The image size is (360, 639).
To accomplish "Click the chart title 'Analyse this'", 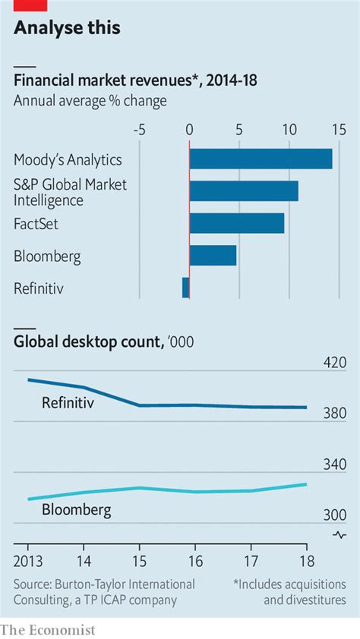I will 67,28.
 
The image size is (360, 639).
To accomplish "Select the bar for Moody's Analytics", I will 261,159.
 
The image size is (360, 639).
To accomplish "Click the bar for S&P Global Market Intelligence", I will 243,191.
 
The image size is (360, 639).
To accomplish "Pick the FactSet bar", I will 236,223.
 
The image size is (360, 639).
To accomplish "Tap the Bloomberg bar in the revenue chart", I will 213,256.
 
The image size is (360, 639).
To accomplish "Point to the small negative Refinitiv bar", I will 185,288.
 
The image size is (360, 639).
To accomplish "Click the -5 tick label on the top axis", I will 139,129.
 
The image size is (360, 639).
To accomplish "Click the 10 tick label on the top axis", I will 289,129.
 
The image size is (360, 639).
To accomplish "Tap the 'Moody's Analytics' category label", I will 68,159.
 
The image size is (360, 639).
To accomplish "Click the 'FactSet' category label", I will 36,224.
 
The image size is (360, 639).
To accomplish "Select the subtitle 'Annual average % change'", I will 90,99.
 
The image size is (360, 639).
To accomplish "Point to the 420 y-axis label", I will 334,364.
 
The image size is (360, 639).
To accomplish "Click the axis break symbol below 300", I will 339,535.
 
